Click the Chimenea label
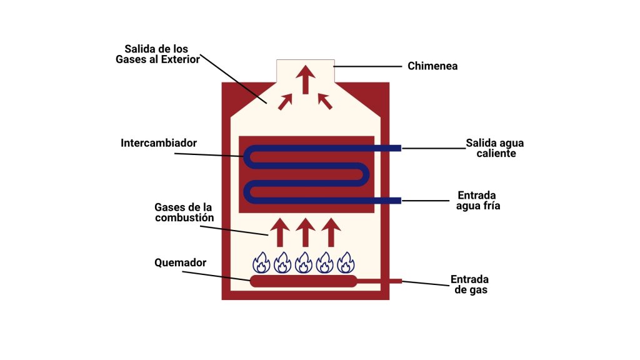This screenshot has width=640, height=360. [432, 66]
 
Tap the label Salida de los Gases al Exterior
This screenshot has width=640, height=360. [157, 54]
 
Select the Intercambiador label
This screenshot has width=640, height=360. [159, 143]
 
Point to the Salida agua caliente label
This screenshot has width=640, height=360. [495, 148]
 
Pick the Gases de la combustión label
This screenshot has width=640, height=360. [184, 212]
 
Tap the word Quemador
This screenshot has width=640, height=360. [180, 262]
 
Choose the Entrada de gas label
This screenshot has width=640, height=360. [469, 284]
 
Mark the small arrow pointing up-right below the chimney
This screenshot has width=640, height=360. [286, 101]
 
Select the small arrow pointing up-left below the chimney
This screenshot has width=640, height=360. [325, 101]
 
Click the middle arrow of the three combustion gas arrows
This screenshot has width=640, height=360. [305, 232]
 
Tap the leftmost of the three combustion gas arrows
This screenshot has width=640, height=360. [279, 232]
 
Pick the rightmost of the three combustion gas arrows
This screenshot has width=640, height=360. [331, 232]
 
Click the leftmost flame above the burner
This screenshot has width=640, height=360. [261, 262]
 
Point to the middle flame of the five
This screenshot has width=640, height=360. [304, 262]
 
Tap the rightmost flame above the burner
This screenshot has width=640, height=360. [346, 262]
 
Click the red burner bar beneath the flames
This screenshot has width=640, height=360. [303, 281]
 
